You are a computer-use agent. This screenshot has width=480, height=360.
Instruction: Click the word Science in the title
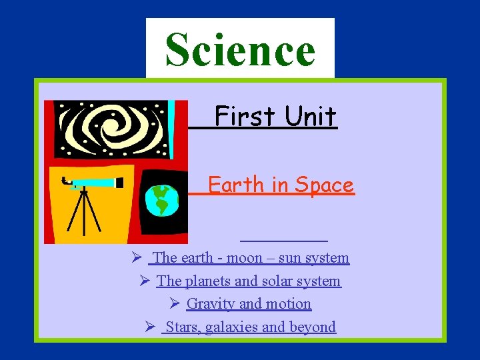(x=240, y=50)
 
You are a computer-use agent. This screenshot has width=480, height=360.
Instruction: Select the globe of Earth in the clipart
(x=162, y=200)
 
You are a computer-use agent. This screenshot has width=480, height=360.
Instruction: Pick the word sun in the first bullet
(x=290, y=258)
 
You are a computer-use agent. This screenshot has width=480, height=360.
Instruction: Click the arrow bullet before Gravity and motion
(x=175, y=304)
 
